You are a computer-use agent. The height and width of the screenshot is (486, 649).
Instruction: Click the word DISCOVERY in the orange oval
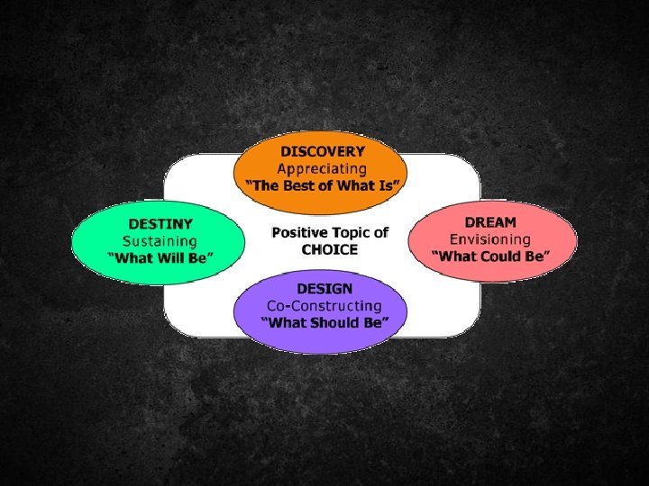pyautogui.click(x=322, y=151)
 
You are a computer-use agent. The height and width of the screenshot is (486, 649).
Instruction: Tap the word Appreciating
pyautogui.click(x=322, y=168)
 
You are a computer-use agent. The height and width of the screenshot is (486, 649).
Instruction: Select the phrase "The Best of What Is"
pyautogui.click(x=323, y=185)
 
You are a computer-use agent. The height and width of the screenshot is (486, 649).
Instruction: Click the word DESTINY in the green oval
pyautogui.click(x=160, y=223)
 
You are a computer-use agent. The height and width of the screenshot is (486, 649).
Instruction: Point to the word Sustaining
pyautogui.click(x=160, y=240)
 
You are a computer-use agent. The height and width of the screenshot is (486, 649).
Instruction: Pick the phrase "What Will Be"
pyautogui.click(x=160, y=257)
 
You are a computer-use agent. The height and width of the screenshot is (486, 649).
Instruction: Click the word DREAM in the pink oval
pyautogui.click(x=490, y=221)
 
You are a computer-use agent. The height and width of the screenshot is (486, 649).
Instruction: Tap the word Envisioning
pyautogui.click(x=490, y=239)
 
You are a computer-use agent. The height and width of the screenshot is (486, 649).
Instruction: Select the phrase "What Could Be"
pyautogui.click(x=490, y=256)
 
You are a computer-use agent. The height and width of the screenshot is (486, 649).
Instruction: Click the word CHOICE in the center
pyautogui.click(x=329, y=249)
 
